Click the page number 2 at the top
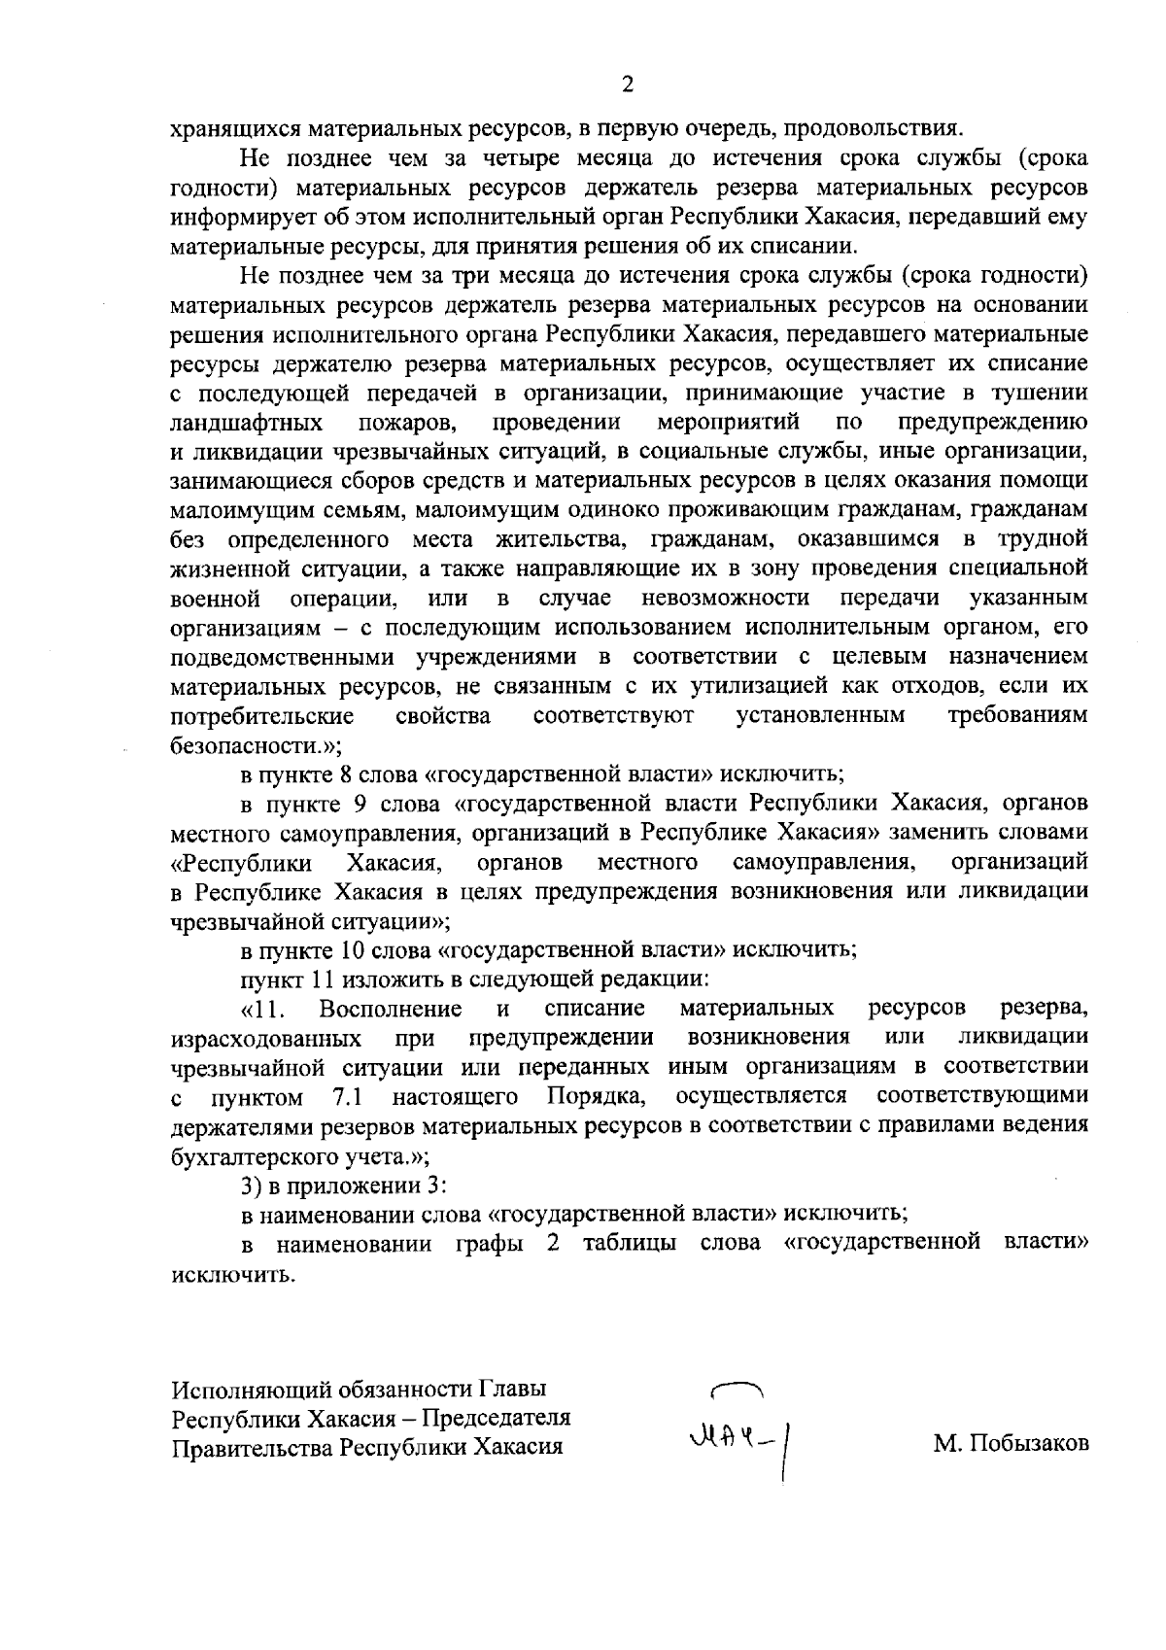pyautogui.click(x=627, y=85)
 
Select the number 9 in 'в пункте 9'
pyautogui.click(x=373, y=804)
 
